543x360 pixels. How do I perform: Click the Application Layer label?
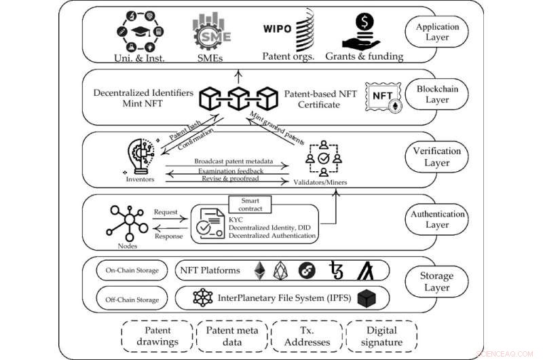[x=437, y=32]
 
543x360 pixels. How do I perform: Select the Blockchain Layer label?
[x=437, y=94]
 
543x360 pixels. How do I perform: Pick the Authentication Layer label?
[x=438, y=219]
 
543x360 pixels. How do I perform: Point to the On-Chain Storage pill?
[x=132, y=270]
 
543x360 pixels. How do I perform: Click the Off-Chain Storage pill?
[x=132, y=300]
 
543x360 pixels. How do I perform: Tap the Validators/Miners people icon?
[x=323, y=158]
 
